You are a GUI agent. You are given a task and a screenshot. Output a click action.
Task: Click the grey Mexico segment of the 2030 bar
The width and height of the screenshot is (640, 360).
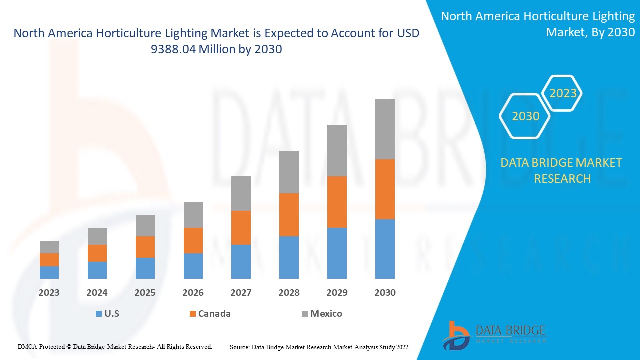pyautogui.click(x=385, y=129)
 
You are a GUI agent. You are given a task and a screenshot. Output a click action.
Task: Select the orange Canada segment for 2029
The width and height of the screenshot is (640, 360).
pyautogui.click(x=337, y=202)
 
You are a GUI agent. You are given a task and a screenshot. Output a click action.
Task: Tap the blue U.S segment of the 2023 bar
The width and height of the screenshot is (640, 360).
pyautogui.click(x=49, y=272)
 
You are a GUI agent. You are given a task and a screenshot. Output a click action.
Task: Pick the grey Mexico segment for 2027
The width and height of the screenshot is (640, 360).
pyautogui.click(x=241, y=193)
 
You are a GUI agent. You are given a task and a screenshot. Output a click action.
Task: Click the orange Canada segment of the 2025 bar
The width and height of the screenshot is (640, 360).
pyautogui.click(x=145, y=247)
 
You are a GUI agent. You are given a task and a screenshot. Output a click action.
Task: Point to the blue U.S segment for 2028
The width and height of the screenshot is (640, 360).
pyautogui.click(x=289, y=257)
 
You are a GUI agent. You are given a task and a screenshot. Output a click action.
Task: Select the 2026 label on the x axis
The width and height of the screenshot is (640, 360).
pyautogui.click(x=193, y=293)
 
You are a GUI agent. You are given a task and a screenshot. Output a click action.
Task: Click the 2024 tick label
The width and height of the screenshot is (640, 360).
pyautogui.click(x=97, y=293)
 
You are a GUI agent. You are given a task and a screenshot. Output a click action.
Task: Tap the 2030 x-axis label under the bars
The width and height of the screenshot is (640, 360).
pyautogui.click(x=385, y=293)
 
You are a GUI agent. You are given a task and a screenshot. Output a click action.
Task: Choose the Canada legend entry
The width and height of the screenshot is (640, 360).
pyautogui.click(x=214, y=314)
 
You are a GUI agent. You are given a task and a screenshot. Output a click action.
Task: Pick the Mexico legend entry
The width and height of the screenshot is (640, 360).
pyautogui.click(x=326, y=314)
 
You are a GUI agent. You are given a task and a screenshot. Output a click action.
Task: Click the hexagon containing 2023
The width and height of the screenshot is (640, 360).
pyautogui.click(x=562, y=93)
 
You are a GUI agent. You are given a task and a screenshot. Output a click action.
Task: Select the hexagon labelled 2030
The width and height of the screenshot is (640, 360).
pyautogui.click(x=525, y=116)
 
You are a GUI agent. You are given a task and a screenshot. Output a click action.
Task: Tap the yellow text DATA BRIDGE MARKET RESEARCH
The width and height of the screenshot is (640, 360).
pyautogui.click(x=562, y=170)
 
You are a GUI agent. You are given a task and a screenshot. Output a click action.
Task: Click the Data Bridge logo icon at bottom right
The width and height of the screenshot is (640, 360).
pyautogui.click(x=455, y=335)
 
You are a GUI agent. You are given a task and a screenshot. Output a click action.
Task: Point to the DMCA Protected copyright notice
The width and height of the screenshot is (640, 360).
pyautogui.click(x=115, y=346)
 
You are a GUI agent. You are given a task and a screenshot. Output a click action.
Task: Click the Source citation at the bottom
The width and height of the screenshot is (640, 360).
pyautogui.click(x=319, y=346)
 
